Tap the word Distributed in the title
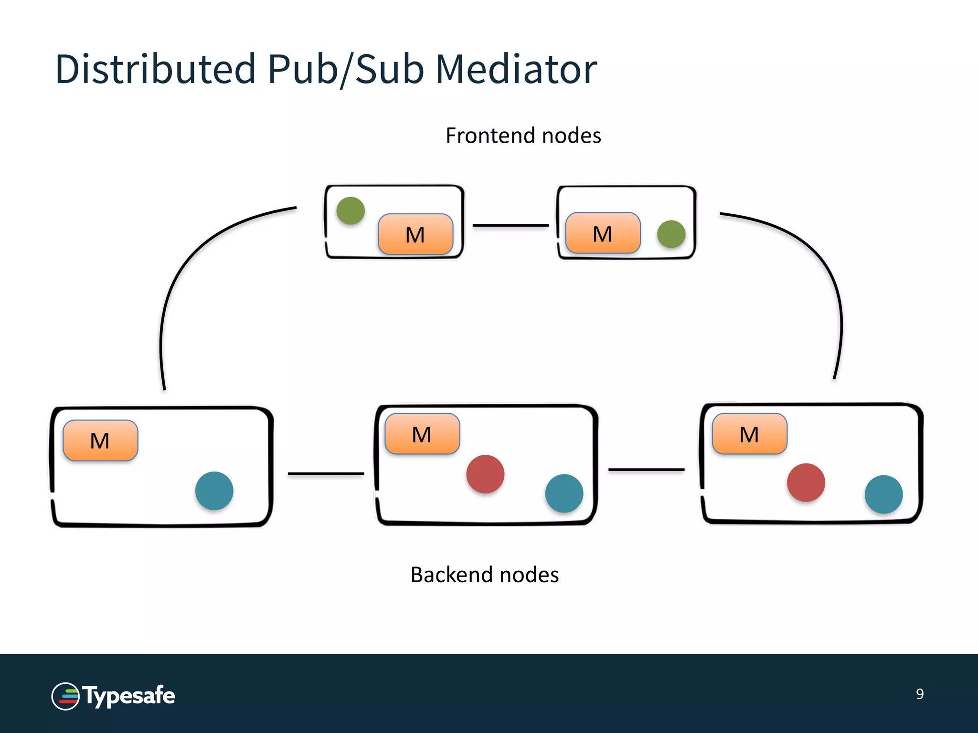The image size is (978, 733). [x=155, y=69]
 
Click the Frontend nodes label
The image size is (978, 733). [x=523, y=136]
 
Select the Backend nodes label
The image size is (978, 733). [x=484, y=575]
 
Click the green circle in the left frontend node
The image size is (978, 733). [x=351, y=210]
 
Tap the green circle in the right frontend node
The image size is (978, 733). [x=671, y=234]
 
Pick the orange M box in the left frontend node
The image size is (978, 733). [x=415, y=234]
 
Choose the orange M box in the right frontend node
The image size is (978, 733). [x=603, y=233]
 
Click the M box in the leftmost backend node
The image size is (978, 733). [x=100, y=440]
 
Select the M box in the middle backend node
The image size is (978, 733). [x=422, y=434]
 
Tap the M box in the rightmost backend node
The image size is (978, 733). [x=749, y=434]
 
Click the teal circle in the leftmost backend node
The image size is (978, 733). [x=214, y=491]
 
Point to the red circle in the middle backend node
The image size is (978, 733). [x=485, y=474]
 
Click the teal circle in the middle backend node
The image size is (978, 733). [x=564, y=493]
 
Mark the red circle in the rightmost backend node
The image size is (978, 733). [x=806, y=482]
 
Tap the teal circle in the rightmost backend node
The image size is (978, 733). [x=883, y=494]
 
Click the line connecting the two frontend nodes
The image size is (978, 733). [x=510, y=225]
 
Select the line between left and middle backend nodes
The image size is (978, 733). [x=326, y=473]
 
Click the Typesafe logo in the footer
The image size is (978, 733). [x=113, y=696]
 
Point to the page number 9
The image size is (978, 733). [x=919, y=694]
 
